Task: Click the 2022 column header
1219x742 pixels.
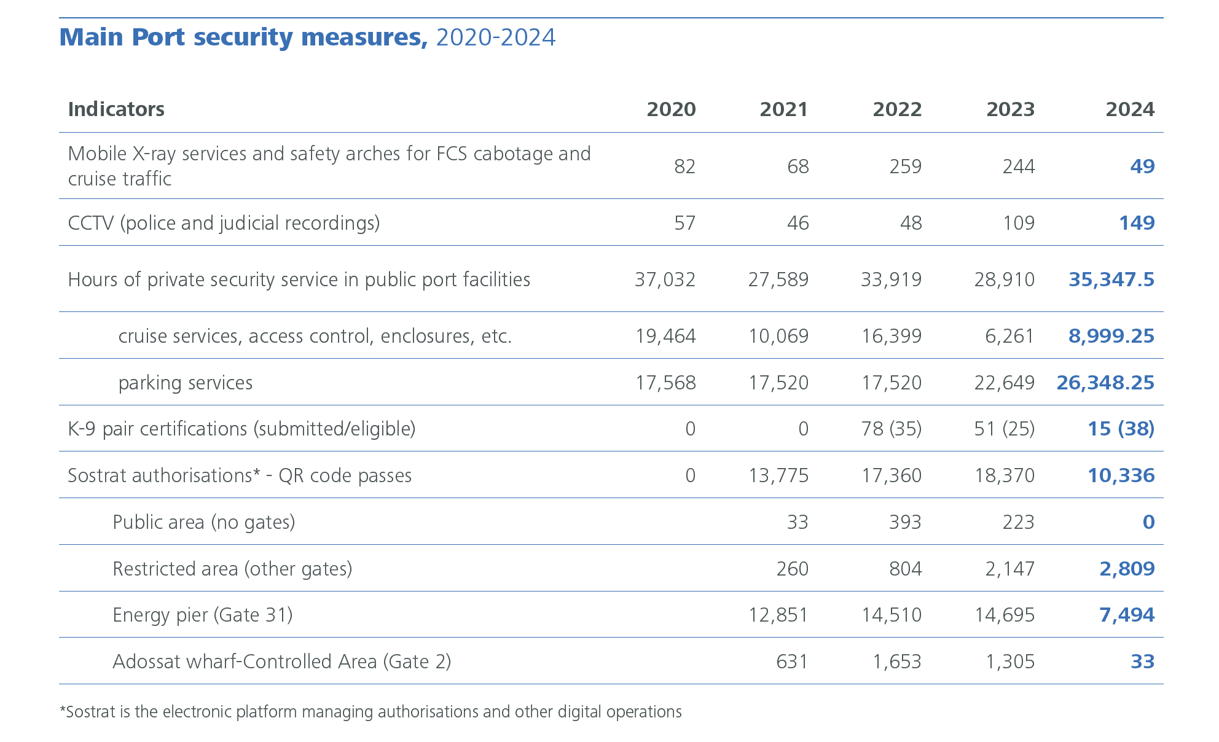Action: pyautogui.click(x=897, y=109)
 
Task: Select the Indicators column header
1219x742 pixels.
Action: pyautogui.click(x=116, y=109)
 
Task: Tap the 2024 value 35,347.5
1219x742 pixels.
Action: pyautogui.click(x=1111, y=279)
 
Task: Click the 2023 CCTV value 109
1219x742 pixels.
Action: pyautogui.click(x=1018, y=223)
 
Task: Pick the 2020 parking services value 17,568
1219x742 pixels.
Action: pyautogui.click(x=665, y=383)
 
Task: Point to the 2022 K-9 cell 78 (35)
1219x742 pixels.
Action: pyautogui.click(x=891, y=429)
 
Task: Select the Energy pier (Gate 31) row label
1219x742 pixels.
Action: pyautogui.click(x=203, y=615)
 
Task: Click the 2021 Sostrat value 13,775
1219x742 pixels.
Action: pyautogui.click(x=778, y=475)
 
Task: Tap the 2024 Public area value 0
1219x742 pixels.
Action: pyautogui.click(x=1148, y=522)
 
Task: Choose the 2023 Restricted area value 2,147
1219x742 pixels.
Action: pyautogui.click(x=1009, y=569)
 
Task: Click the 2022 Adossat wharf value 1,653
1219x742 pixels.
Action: pyautogui.click(x=896, y=662)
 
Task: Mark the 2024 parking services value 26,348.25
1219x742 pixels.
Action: pyautogui.click(x=1105, y=383)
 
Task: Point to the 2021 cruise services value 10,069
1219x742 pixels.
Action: pyautogui.click(x=778, y=336)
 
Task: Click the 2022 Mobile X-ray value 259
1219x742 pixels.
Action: pyautogui.click(x=905, y=166)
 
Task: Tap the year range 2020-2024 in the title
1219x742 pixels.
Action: pyautogui.click(x=495, y=37)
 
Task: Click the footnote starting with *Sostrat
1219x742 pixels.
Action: pyautogui.click(x=370, y=712)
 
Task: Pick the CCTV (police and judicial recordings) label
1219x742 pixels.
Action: pyautogui.click(x=224, y=223)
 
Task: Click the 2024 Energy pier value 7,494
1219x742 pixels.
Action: pyautogui.click(x=1126, y=615)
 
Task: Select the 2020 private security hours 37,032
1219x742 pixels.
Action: pyautogui.click(x=665, y=279)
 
